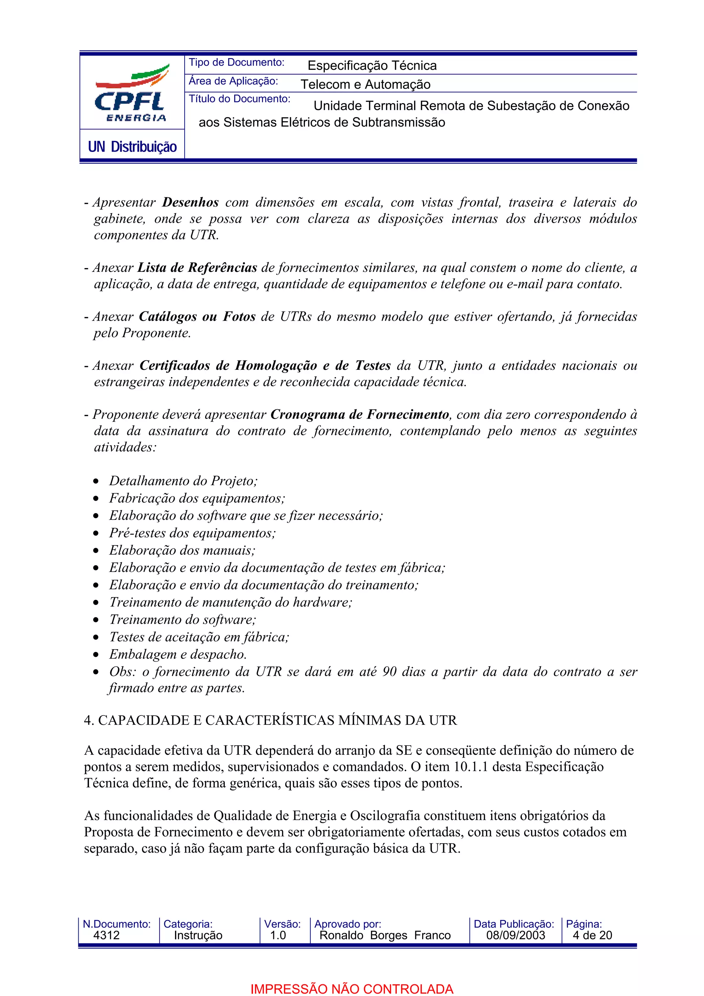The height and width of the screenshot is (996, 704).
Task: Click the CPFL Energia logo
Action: click(131, 93)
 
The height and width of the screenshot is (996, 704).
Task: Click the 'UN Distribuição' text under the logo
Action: click(132, 147)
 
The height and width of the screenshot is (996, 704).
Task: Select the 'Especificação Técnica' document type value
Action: click(372, 66)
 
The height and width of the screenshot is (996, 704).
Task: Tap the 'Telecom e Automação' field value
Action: click(365, 84)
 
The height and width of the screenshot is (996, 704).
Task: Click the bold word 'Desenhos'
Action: click(190, 202)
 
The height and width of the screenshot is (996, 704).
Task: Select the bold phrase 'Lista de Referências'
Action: click(197, 268)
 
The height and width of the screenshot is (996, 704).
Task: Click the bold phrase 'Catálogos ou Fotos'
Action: click(197, 317)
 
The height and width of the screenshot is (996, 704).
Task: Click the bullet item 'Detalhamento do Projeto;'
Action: click(183, 481)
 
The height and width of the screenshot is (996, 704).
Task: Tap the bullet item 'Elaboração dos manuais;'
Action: click(182, 550)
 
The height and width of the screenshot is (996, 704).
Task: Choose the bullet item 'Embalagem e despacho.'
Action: click(178, 654)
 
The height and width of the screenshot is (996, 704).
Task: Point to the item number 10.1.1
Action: click(471, 766)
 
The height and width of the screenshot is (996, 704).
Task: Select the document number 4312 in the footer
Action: click(106, 935)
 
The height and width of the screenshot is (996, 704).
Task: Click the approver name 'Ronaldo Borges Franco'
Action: click(385, 935)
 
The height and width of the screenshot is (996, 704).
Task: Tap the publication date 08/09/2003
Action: click(515, 935)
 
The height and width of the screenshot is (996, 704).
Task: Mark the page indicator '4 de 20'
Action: click(592, 935)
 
